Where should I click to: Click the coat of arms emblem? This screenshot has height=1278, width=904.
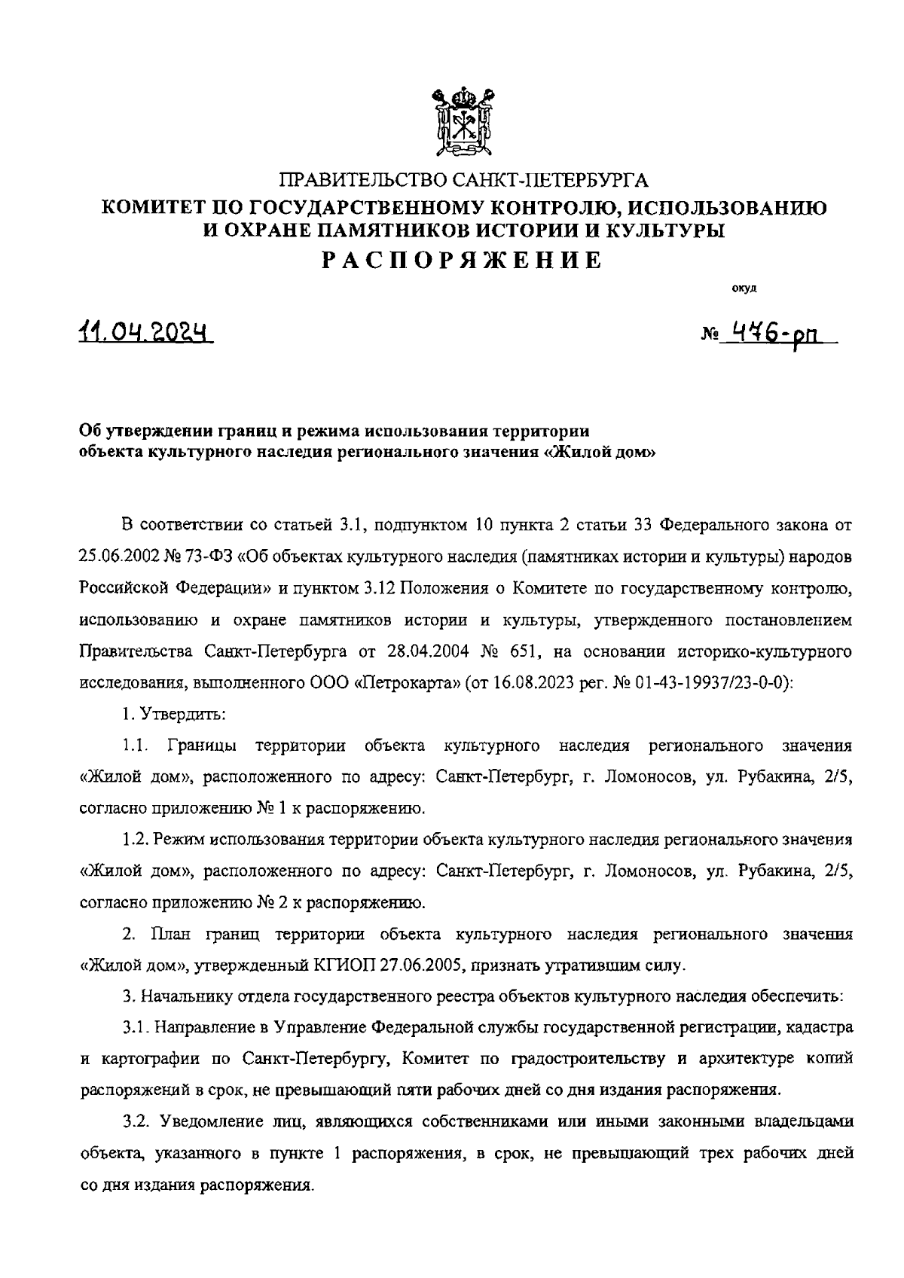[x=463, y=123]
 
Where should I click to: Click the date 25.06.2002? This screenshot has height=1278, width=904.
[x=112, y=556]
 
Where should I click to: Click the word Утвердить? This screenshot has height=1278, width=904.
[x=182, y=714]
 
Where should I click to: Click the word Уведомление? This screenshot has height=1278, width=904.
[x=210, y=1121]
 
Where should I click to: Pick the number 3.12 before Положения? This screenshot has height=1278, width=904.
[x=381, y=587]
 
